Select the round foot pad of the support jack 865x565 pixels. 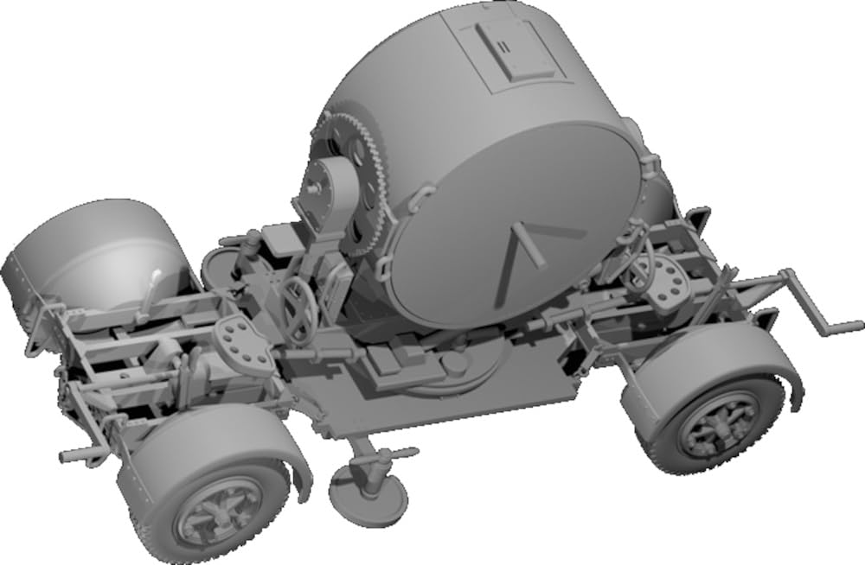point(368,492)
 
